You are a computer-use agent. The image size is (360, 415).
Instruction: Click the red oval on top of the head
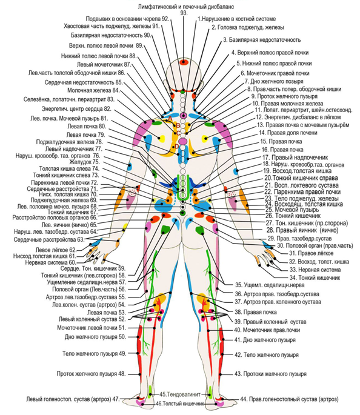(x=184, y=62)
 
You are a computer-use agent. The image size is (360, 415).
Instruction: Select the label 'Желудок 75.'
(x=85, y=162)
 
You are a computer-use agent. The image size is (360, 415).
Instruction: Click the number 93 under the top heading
(x=184, y=13)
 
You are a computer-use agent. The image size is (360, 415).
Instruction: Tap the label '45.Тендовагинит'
(x=180, y=394)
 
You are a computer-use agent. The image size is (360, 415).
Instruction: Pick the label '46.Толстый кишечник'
(x=180, y=403)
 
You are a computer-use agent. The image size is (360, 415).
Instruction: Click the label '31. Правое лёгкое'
(x=311, y=253)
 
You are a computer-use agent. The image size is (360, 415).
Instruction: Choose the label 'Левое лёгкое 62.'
(x=56, y=250)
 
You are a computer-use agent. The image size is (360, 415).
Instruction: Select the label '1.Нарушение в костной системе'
(x=236, y=19)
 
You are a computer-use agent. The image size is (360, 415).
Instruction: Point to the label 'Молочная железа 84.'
(x=93, y=90)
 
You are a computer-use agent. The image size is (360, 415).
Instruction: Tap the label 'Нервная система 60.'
(x=51, y=262)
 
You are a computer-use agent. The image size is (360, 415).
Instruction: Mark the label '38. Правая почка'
(x=256, y=312)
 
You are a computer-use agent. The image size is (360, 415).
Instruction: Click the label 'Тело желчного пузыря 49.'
(x=94, y=354)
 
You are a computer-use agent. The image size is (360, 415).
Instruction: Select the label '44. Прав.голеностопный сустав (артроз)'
(x=289, y=399)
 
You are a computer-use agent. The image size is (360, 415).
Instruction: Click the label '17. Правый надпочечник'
(x=295, y=158)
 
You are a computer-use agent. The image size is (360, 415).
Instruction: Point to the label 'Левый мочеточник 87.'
(x=104, y=64)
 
